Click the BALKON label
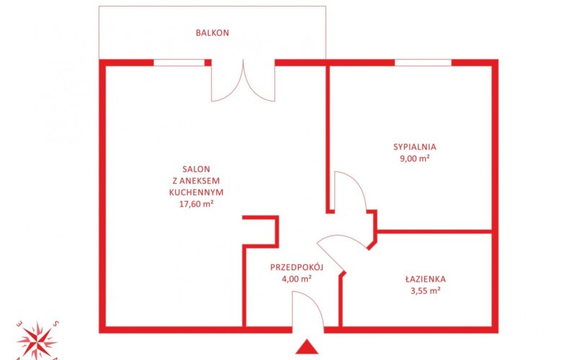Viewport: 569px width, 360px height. (x=212, y=32)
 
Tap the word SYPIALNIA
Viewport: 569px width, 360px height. (x=415, y=147)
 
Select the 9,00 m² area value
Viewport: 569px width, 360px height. (x=415, y=158)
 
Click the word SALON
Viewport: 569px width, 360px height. (x=197, y=169)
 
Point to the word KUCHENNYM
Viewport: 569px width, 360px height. (x=197, y=192)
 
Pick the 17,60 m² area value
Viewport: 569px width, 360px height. (x=197, y=204)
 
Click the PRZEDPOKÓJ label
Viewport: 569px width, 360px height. (x=297, y=267)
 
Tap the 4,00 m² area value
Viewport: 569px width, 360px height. (x=297, y=279)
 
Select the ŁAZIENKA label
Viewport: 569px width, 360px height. (x=426, y=279)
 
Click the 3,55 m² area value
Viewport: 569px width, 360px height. (x=426, y=291)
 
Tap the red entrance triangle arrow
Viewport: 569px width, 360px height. (x=307, y=346)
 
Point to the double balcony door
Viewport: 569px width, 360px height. (x=243, y=81)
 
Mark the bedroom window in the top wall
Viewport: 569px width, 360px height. (x=423, y=63)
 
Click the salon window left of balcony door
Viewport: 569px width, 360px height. (x=179, y=63)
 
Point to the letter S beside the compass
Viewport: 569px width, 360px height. (x=55, y=324)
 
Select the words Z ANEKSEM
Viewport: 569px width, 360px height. (x=197, y=181)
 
